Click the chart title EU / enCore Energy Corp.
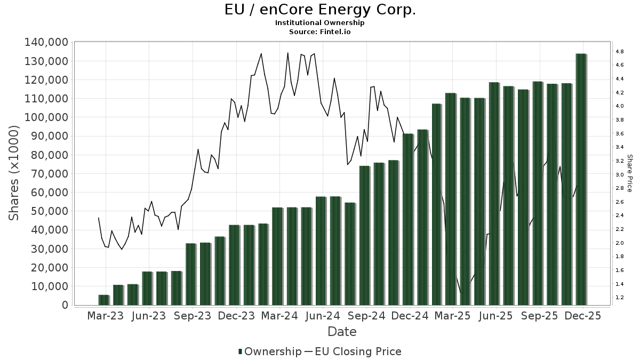(319, 10)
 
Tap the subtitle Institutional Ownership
(319, 23)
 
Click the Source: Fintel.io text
(319, 31)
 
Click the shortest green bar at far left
(103, 300)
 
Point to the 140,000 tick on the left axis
(46, 42)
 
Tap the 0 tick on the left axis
(65, 305)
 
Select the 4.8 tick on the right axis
(619, 51)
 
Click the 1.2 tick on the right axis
(619, 298)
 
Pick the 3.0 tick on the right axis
(619, 174)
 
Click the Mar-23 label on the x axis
(105, 316)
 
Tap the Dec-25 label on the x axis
(583, 316)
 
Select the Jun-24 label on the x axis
(322, 316)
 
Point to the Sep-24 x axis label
(366, 316)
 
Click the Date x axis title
(342, 332)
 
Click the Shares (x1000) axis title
(14, 173)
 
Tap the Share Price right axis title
(629, 173)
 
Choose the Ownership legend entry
(270, 351)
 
